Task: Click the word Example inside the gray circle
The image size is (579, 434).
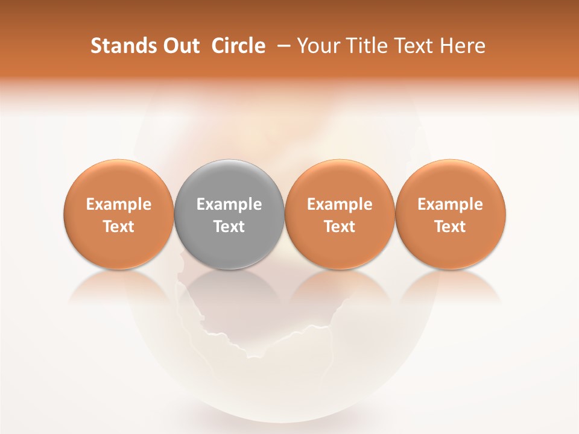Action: [229, 204]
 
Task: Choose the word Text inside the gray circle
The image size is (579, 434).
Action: [229, 227]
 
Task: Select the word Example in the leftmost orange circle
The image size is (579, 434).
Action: [119, 204]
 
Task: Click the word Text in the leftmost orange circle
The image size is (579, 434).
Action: [119, 227]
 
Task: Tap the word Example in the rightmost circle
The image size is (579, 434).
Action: [450, 204]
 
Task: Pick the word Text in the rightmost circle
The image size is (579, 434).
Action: [450, 227]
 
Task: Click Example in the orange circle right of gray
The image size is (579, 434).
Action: [340, 204]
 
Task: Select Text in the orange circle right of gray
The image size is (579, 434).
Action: [340, 227]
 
